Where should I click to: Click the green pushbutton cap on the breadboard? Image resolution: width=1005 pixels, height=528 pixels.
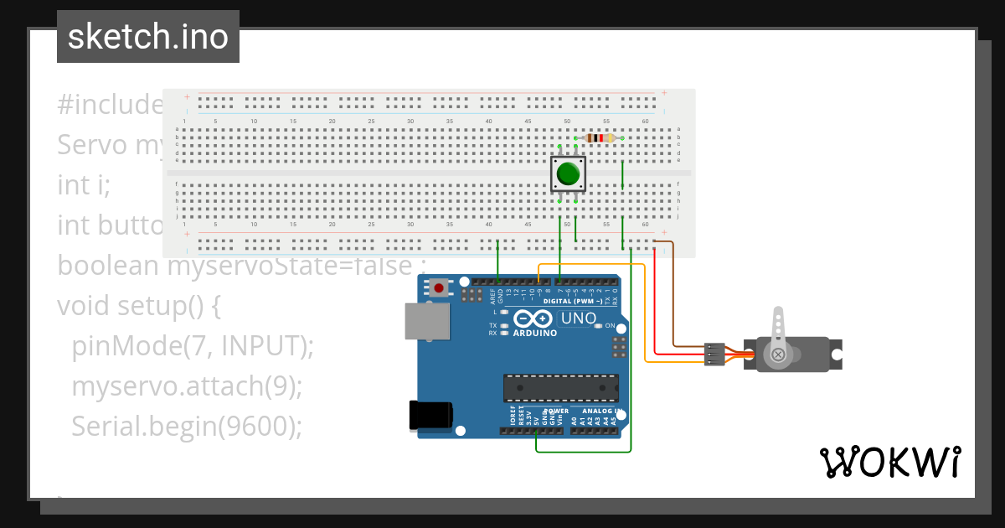pos(568,173)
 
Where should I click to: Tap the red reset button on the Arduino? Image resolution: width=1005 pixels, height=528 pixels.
pos(439,288)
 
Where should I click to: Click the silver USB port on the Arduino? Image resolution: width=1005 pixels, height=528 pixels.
pos(425,321)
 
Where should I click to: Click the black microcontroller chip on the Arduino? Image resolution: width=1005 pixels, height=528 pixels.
pos(560,387)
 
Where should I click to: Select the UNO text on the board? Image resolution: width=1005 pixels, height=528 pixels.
pos(578,318)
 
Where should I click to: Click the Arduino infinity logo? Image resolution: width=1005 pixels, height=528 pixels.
pos(533,319)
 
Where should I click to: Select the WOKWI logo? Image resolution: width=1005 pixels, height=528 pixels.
pos(889,462)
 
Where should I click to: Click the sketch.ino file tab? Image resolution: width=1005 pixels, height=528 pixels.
pos(148,37)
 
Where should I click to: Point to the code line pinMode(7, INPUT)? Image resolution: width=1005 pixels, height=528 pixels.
pos(193,345)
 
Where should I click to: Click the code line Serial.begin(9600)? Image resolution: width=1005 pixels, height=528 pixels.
pos(186,427)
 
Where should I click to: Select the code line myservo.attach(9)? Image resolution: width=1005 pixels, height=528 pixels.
pos(186,386)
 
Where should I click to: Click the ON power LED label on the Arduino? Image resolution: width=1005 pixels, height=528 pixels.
pos(610,325)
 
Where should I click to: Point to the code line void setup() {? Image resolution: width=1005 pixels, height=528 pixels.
pos(139,305)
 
